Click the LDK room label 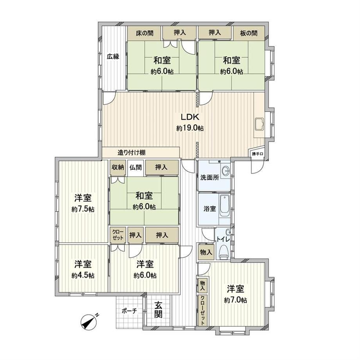(x=190, y=117)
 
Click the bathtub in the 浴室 (x=225, y=205)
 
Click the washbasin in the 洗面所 (x=226, y=171)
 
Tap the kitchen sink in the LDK (x=259, y=124)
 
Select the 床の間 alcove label (x=145, y=33)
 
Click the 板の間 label (x=248, y=33)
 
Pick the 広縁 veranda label (x=113, y=56)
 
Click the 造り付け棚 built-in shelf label (x=131, y=152)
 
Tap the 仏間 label (x=135, y=167)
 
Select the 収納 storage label (x=117, y=167)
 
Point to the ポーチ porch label (x=129, y=311)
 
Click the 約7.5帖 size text (x=83, y=209)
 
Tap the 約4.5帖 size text (x=83, y=275)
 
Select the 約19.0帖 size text (x=190, y=128)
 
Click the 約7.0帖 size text (x=236, y=300)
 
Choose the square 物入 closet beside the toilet (x=206, y=252)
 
